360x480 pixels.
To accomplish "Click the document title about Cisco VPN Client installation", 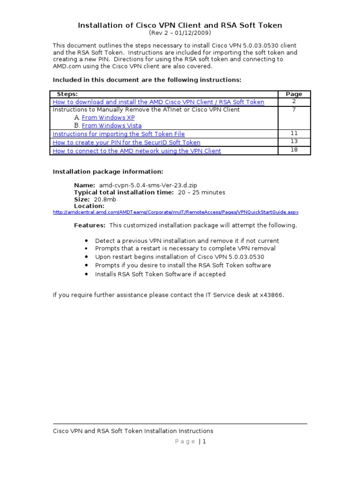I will [x=180, y=25].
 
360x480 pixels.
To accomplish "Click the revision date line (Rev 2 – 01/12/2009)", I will [x=180, y=33].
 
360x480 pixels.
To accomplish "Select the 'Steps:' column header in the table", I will [x=67, y=94].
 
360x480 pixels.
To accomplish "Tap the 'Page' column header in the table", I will [x=294, y=94].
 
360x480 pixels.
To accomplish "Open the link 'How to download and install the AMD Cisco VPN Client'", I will [x=158, y=102].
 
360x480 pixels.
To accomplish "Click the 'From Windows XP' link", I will [x=108, y=118].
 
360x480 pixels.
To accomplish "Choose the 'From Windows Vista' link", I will [x=112, y=126].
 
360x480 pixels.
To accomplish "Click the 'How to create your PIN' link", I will [x=127, y=142].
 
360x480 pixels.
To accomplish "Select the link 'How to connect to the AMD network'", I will [x=137, y=151].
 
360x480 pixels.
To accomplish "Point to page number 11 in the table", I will [x=294, y=134].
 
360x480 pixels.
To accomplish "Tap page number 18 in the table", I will [x=294, y=150].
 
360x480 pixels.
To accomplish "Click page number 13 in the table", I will [x=294, y=142].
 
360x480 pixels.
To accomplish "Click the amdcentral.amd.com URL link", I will [x=176, y=212].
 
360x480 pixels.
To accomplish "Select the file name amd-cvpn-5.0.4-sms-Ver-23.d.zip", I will [x=145, y=185].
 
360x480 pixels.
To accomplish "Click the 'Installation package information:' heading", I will [x=108, y=172].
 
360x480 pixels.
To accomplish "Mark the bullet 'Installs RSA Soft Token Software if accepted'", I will [x=160, y=274].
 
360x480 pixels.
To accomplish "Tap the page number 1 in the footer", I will [x=204, y=442].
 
